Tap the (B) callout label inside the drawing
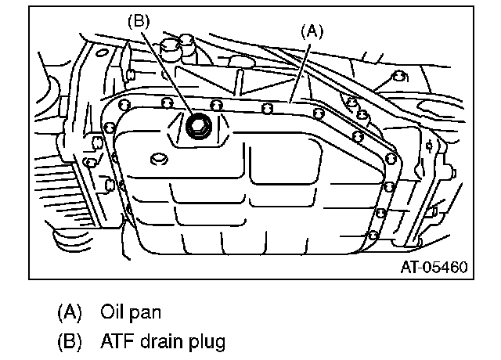click(x=139, y=22)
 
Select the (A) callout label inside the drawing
click(x=312, y=31)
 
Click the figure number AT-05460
click(x=434, y=267)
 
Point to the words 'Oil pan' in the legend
click(x=131, y=311)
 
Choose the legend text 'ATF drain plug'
click(x=162, y=341)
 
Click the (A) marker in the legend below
click(x=70, y=311)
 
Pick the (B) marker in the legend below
click(x=70, y=341)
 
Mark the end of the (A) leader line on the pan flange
click(x=290, y=101)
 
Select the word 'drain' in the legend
click(x=163, y=341)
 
